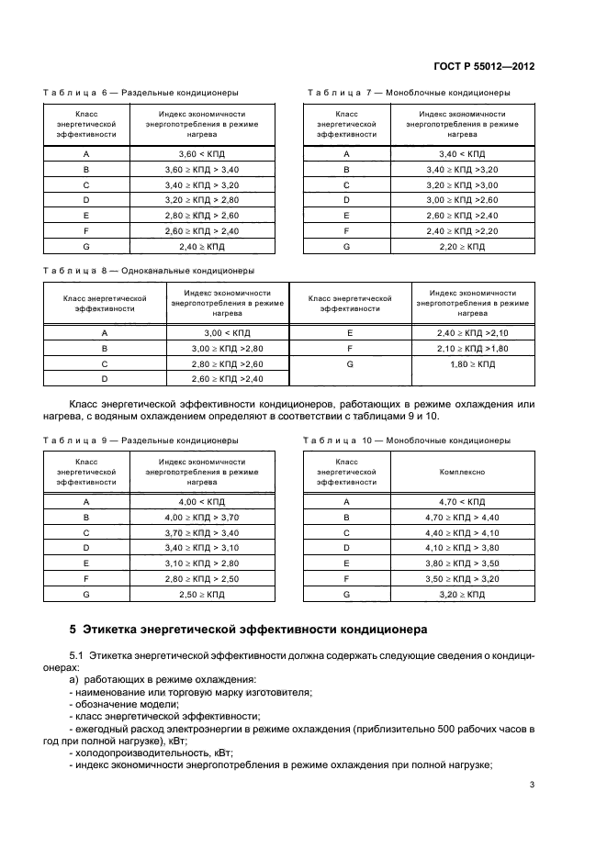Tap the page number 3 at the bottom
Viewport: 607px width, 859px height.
tap(534, 784)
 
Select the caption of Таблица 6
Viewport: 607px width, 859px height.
tap(141, 92)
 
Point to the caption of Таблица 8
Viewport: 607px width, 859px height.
tap(149, 271)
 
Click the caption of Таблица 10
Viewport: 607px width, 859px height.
tap(408, 441)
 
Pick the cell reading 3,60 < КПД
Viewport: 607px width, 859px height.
tap(201, 154)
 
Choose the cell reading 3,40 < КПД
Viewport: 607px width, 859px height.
tap(462, 154)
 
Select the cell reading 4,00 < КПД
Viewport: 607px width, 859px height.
tap(201, 502)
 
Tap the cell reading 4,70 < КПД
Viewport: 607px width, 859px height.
tap(462, 502)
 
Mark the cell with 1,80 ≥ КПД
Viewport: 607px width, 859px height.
tap(473, 364)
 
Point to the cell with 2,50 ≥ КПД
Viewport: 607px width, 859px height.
tap(201, 595)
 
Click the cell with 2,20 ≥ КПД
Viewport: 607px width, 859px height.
tap(462, 247)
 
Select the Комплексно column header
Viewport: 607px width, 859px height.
tap(462, 471)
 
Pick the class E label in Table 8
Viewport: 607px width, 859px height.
tap(349, 333)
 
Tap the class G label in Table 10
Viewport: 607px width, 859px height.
tap(346, 595)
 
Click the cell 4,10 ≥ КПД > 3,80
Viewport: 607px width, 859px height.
tap(462, 548)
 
